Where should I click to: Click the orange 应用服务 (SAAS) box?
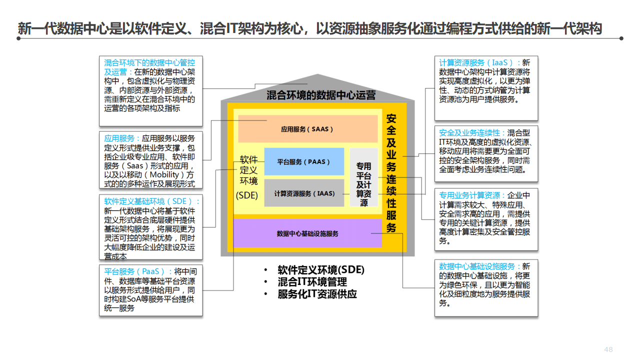click(307, 129)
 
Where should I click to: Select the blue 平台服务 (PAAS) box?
click(304, 162)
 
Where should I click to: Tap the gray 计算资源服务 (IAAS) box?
click(304, 193)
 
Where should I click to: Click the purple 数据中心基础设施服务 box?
click(307, 233)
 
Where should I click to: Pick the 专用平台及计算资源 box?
click(363, 184)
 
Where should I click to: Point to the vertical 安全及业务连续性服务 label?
click(391, 173)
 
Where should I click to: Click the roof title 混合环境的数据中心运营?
click(320, 95)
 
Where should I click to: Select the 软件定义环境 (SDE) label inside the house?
click(247, 177)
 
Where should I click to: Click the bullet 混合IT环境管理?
click(312, 282)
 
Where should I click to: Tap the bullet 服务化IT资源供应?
click(317, 294)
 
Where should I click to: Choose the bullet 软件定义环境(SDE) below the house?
click(321, 270)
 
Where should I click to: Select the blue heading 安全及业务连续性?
click(469, 133)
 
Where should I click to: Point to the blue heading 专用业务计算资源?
click(469, 195)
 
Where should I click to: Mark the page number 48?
click(608, 349)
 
